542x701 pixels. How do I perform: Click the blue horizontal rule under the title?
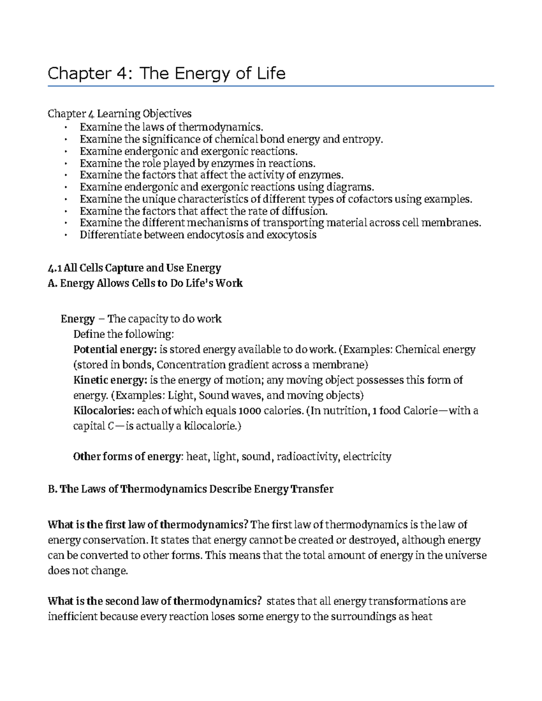(271, 86)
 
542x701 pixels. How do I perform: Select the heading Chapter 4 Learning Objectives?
(120, 113)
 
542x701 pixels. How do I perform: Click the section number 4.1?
(54, 268)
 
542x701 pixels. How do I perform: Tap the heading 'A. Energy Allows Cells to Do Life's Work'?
(145, 283)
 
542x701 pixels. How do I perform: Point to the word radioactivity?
(307, 457)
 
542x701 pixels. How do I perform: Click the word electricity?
(367, 457)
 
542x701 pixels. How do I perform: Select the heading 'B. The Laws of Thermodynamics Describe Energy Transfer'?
(190, 489)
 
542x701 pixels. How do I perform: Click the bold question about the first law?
(148, 525)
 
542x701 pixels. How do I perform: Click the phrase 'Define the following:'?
(123, 334)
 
